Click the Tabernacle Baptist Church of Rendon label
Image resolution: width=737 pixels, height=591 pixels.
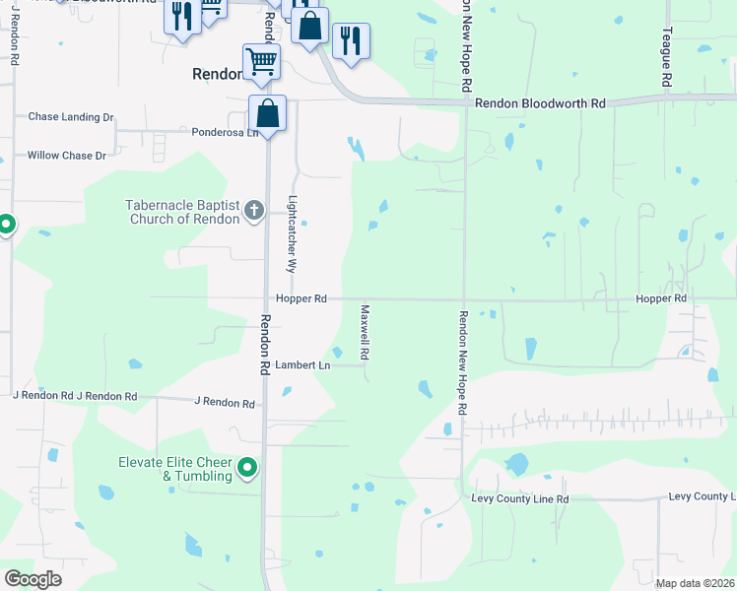[184, 212]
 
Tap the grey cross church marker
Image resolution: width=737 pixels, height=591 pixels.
[253, 209]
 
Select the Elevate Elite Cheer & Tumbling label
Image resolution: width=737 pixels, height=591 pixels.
[174, 469]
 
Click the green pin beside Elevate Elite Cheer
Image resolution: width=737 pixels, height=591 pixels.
[247, 468]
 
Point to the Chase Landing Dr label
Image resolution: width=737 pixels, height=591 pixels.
[71, 117]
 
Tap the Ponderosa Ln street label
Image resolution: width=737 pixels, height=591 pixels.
[225, 132]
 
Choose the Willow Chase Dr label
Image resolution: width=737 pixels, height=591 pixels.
[67, 156]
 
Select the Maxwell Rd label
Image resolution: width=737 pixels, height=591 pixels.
[364, 330]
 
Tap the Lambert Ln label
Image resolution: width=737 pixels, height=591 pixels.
[301, 364]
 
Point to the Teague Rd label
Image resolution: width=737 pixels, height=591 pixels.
[667, 55]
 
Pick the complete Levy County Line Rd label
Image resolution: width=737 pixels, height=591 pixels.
[520, 499]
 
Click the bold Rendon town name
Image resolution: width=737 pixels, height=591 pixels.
[216, 74]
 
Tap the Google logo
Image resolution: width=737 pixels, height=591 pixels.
[33, 579]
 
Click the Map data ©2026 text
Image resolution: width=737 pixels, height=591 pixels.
[695, 583]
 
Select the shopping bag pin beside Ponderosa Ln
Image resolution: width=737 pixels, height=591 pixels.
[267, 114]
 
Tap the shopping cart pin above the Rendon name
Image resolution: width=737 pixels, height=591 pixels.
[261, 62]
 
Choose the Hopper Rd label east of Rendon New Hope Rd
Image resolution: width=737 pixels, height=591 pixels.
[661, 298]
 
